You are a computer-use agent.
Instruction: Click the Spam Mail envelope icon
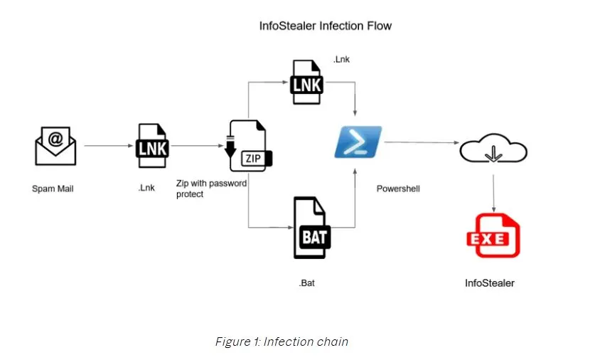pyautogui.click(x=55, y=145)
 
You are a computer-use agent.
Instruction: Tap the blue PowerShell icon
pyautogui.click(x=358, y=142)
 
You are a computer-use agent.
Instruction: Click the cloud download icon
pyautogui.click(x=493, y=152)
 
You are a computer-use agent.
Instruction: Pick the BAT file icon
pyautogui.click(x=314, y=228)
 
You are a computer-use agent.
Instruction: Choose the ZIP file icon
pyautogui.click(x=248, y=147)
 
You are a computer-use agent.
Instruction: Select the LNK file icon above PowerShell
pyautogui.click(x=306, y=83)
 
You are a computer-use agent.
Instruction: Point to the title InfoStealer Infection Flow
pyautogui.click(x=325, y=26)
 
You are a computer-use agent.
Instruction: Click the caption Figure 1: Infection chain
pyautogui.click(x=282, y=342)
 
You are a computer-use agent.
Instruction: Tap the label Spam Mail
pyautogui.click(x=53, y=189)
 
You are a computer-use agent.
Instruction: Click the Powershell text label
pyautogui.click(x=398, y=189)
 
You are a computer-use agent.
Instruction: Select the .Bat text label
pyautogui.click(x=306, y=284)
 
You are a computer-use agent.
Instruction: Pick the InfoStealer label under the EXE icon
pyautogui.click(x=490, y=283)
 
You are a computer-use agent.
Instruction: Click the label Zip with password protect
pyautogui.click(x=211, y=189)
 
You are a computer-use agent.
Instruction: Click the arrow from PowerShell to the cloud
pyautogui.click(x=419, y=143)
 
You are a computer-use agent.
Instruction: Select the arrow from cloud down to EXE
pyautogui.click(x=493, y=189)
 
